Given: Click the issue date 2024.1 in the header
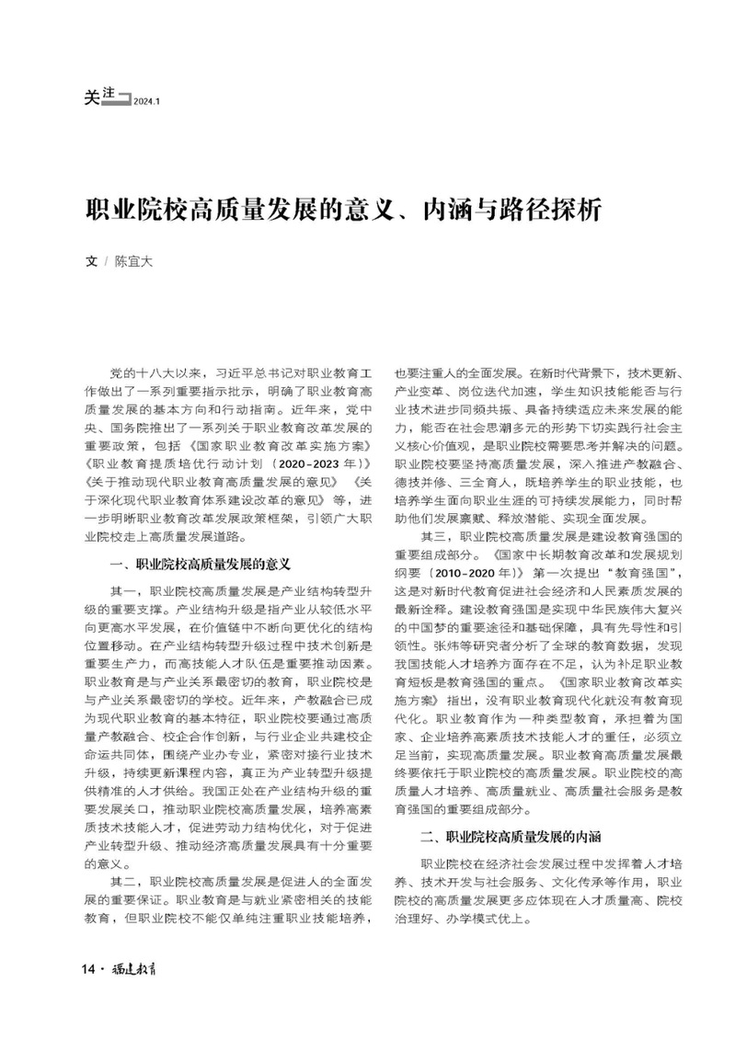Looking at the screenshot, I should [146, 103].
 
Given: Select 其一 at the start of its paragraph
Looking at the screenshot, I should [123, 593].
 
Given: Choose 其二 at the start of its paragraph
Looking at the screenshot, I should [123, 881].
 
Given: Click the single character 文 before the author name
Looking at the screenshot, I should [91, 261].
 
